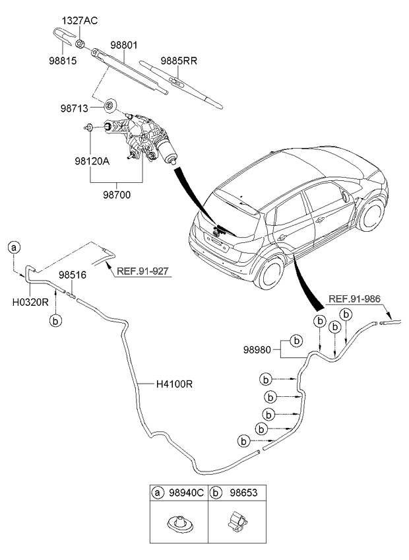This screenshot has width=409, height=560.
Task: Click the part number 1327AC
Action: tap(80, 21)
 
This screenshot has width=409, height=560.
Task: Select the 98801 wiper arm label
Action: tap(125, 47)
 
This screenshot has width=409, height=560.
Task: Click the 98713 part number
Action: tap(77, 108)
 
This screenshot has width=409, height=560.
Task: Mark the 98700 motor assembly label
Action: tap(115, 193)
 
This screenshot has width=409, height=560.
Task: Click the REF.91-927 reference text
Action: tap(144, 271)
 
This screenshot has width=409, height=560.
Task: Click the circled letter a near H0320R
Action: tap(14, 248)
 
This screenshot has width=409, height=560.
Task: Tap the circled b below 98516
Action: tap(57, 320)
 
